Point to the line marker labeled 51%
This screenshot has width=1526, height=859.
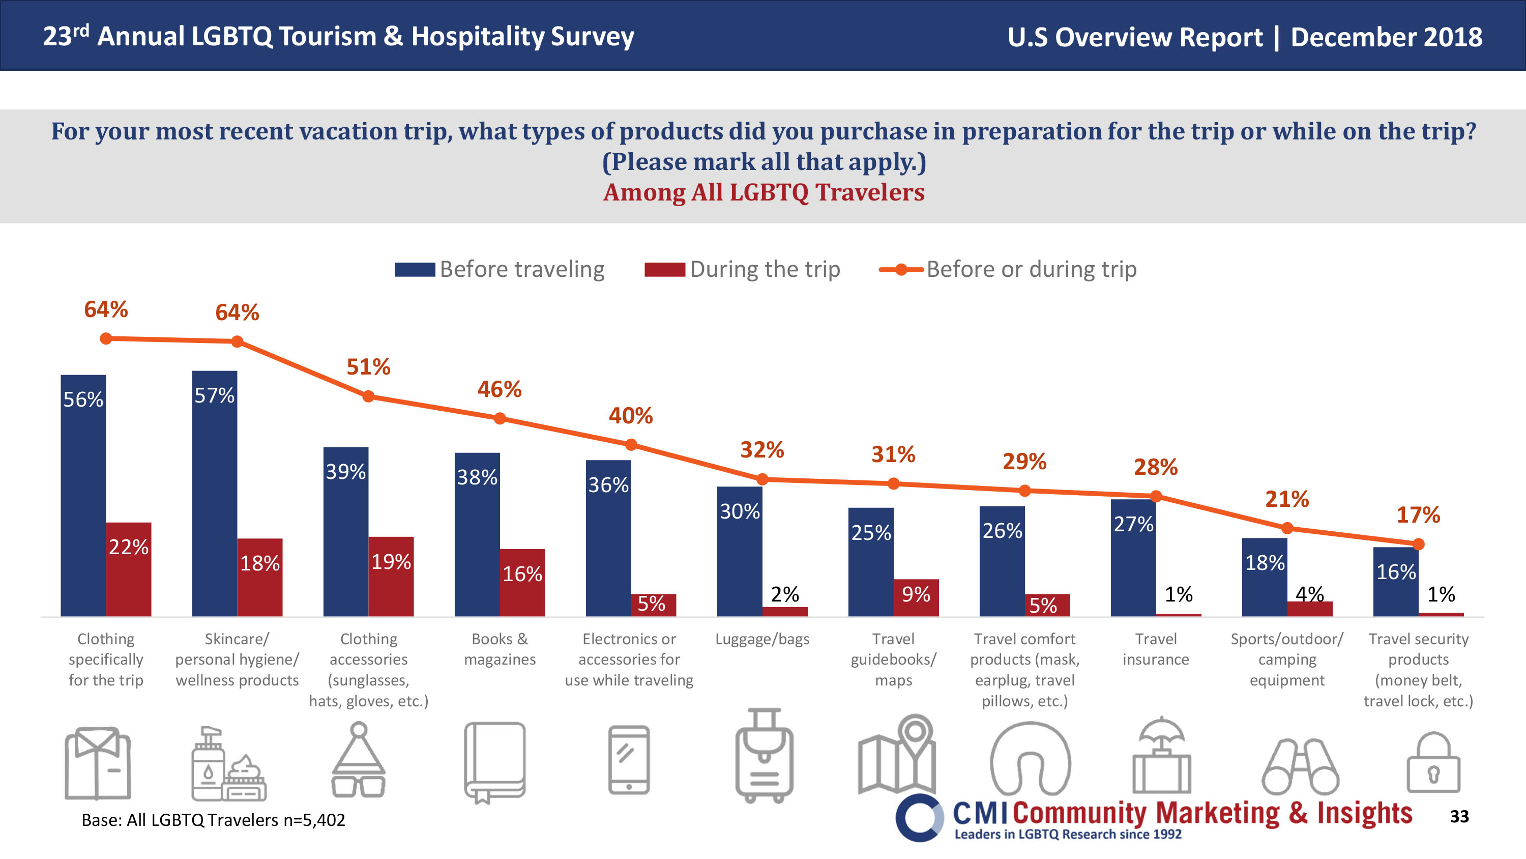[368, 396]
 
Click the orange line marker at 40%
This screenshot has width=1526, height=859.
[631, 445]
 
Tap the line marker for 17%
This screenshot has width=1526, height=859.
[1418, 544]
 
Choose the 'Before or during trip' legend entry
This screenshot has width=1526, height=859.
[1008, 269]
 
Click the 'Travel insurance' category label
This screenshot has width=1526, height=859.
[1155, 649]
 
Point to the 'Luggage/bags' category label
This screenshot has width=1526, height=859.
[762, 639]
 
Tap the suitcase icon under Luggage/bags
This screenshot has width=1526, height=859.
[764, 756]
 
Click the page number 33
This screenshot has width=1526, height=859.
[1459, 816]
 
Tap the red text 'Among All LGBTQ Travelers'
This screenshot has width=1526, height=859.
[764, 192]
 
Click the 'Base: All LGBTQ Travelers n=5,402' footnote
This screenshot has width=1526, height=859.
[213, 820]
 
